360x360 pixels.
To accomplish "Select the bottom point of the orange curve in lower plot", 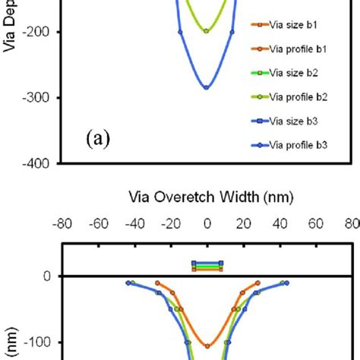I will [207, 346].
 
